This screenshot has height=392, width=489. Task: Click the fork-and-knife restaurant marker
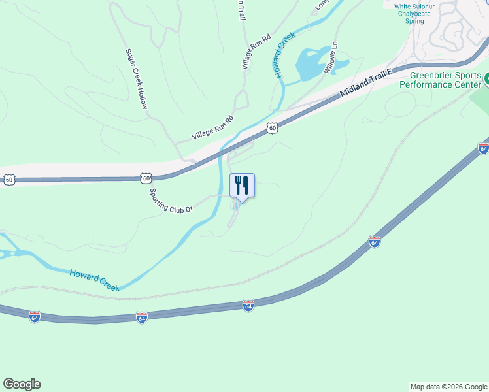pos(242,186)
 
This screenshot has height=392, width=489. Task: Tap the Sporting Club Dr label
pos(171,201)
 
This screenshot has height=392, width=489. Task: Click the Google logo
pos(22,384)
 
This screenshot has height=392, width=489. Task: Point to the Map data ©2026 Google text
pos(448,387)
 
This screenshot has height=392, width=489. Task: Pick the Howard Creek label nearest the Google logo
pos(94,280)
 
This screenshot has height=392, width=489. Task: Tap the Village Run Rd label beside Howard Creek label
pos(256,52)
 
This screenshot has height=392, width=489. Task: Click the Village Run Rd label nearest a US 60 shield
pos(212,128)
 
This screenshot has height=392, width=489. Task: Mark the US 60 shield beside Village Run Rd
pos(273,129)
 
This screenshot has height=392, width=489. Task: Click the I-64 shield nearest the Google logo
pos(35,316)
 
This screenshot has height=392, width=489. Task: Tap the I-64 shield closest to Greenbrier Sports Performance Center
pos(483,148)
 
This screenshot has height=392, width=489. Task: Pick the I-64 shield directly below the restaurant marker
pos(248,305)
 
